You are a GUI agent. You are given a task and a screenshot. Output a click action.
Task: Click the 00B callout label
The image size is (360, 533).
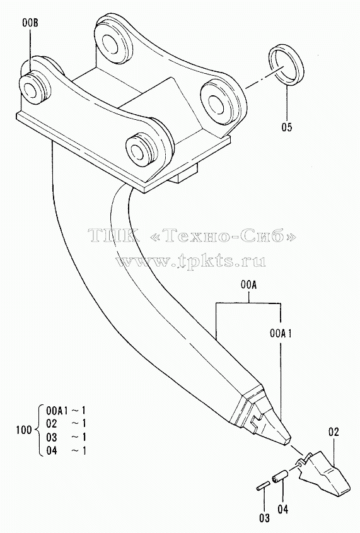click(30, 23)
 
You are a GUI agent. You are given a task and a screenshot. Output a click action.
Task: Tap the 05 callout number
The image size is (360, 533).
click(286, 127)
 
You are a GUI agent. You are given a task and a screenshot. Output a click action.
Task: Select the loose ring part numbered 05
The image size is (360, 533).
click(287, 65)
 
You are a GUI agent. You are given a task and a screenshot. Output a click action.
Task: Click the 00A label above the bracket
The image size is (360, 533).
click(248, 286)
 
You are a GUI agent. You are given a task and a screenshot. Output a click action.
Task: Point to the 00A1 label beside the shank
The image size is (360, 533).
click(281, 334)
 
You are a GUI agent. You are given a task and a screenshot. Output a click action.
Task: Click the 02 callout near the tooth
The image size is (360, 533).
click(334, 432)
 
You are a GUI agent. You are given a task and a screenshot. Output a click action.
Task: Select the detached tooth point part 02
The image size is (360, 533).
click(323, 474)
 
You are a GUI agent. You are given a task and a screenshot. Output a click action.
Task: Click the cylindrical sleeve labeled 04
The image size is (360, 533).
click(279, 476)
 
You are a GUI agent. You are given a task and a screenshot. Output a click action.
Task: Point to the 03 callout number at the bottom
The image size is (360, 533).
click(264, 518)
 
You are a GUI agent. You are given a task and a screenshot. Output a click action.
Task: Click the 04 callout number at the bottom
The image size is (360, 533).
click(282, 509)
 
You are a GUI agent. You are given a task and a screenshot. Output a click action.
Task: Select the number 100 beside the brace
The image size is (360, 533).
click(24, 430)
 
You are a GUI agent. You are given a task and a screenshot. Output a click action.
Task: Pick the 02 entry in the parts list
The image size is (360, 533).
click(51, 423)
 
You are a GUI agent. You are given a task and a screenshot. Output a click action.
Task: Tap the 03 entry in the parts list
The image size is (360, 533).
click(51, 436)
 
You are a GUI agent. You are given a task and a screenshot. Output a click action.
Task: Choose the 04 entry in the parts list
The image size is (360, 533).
click(51, 450)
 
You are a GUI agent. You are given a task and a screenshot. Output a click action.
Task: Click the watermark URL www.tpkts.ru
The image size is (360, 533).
click(191, 261)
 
